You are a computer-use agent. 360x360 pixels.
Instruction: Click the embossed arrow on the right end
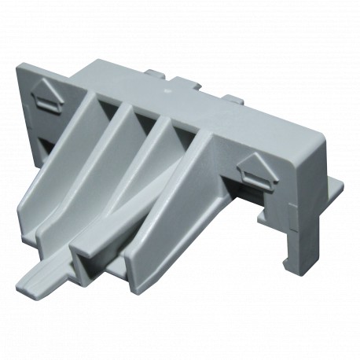point(256,167)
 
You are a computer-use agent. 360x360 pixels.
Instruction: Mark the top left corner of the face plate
point(20,67)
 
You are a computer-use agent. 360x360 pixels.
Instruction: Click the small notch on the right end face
point(293,228)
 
